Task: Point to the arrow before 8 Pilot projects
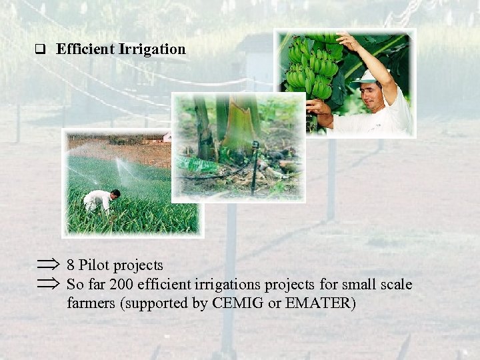[x=48, y=265]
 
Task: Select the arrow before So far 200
[x=48, y=285]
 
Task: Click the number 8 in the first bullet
[x=71, y=265]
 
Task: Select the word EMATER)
[x=321, y=304]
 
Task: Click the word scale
[x=394, y=285]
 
